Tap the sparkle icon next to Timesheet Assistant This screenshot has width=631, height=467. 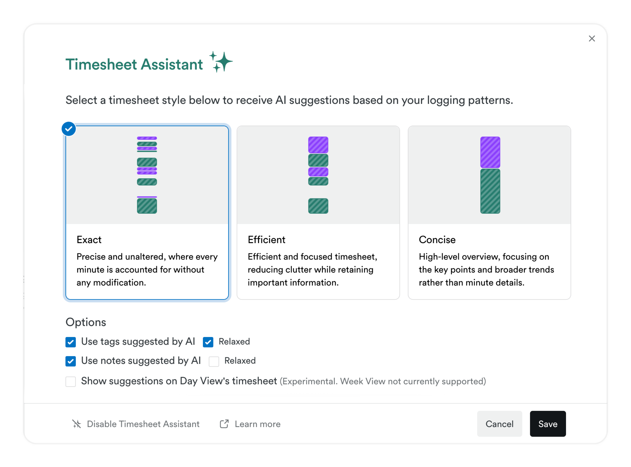coord(221,62)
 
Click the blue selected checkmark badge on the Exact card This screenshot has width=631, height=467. coord(69,129)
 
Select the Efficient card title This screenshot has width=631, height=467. coord(266,240)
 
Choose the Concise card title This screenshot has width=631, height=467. coord(437,240)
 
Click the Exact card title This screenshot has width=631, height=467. coord(89,240)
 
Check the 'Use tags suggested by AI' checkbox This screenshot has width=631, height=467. coord(70,342)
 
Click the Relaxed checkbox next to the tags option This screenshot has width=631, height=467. coord(208,342)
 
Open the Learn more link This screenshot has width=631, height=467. coord(257,424)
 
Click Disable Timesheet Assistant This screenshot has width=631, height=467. coord(143,424)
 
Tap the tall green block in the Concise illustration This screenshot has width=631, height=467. coord(490,191)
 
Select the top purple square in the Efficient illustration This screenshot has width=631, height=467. coord(318,145)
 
